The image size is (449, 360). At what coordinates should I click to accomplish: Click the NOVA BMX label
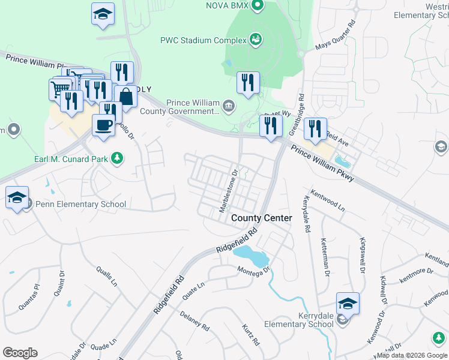227,5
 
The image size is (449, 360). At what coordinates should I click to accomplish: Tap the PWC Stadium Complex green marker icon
256,40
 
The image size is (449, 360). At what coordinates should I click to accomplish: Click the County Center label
262,218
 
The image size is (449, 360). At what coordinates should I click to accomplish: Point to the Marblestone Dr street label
229,190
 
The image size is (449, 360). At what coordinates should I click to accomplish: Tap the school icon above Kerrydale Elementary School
348,304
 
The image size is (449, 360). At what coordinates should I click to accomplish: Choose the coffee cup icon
103,124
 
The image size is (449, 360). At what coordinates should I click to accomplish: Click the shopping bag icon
126,96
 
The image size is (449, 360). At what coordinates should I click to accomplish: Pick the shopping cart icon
59,89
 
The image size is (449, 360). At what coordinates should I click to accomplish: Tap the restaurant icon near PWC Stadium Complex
248,82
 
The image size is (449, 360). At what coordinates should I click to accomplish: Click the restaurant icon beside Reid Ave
315,128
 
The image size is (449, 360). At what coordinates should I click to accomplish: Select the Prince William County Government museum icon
228,107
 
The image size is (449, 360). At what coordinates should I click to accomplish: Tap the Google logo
20,353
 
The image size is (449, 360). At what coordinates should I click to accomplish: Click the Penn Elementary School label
79,204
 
